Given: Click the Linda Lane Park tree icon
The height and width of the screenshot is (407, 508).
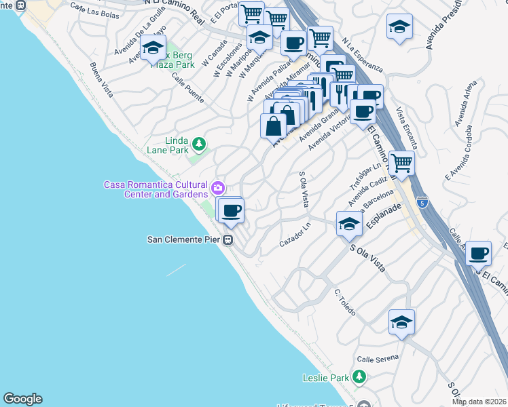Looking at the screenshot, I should (198, 144).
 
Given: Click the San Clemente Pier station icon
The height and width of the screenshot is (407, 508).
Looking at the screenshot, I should (230, 239).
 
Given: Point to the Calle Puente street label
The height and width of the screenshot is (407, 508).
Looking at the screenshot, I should (187, 90).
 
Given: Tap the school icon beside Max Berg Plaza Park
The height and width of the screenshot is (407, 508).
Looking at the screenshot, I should (153, 48).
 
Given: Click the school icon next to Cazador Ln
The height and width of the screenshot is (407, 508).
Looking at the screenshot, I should (349, 224).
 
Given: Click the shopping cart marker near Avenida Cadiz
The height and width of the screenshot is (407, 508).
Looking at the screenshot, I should (402, 163).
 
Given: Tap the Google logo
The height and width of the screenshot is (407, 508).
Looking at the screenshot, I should (22, 399).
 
